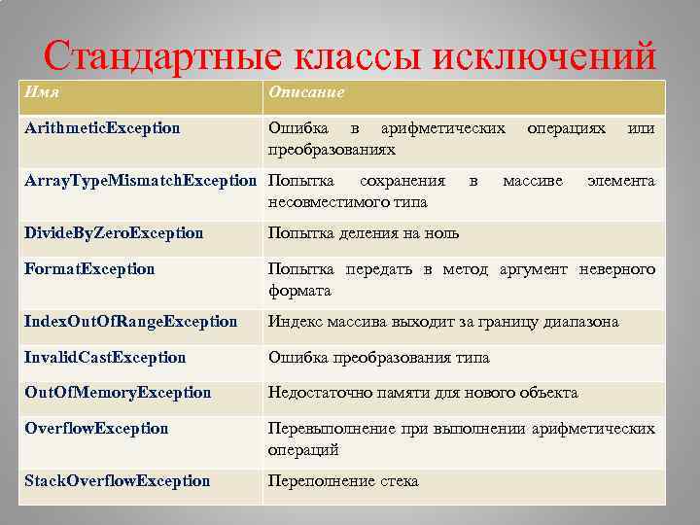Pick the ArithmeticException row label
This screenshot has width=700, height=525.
click(x=103, y=128)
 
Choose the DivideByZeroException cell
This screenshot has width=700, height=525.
click(x=115, y=233)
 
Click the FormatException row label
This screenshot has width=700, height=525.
click(x=90, y=268)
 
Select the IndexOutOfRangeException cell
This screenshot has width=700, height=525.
click(x=131, y=321)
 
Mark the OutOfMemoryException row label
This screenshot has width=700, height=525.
click(x=119, y=393)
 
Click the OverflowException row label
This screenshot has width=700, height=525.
click(x=97, y=429)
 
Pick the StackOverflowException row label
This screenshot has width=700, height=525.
click(x=118, y=481)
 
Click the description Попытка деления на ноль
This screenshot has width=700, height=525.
click(x=364, y=233)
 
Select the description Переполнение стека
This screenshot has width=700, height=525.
click(x=343, y=481)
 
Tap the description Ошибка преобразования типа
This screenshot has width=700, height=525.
click(x=379, y=357)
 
